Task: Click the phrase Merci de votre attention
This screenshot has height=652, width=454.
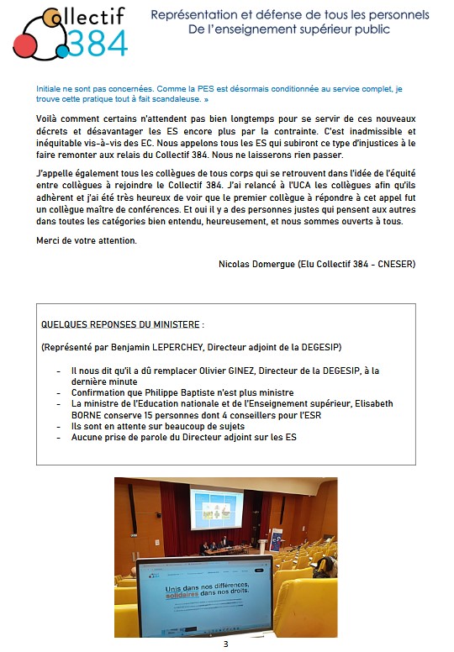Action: pos(86,240)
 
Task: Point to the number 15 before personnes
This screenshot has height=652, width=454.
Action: pos(151,415)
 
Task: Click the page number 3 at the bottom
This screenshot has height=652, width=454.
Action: pos(225,644)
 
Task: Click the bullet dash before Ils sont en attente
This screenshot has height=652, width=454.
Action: pos(58,426)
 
